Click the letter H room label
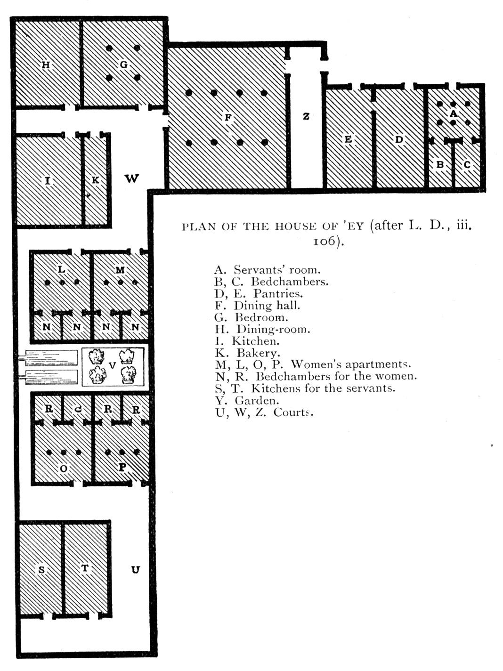[46, 65]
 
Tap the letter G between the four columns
[123, 65]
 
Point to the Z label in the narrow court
[306, 116]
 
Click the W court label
[132, 178]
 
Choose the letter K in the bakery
[96, 180]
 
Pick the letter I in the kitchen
[48, 181]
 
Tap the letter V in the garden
[113, 365]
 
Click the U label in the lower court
[136, 569]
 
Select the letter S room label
[41, 569]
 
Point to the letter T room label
[85, 568]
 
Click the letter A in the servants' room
[454, 114]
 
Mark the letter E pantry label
[348, 139]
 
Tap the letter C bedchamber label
[467, 165]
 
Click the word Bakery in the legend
[259, 353]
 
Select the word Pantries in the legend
[278, 293]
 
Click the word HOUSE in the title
[295, 226]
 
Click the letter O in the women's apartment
[64, 469]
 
